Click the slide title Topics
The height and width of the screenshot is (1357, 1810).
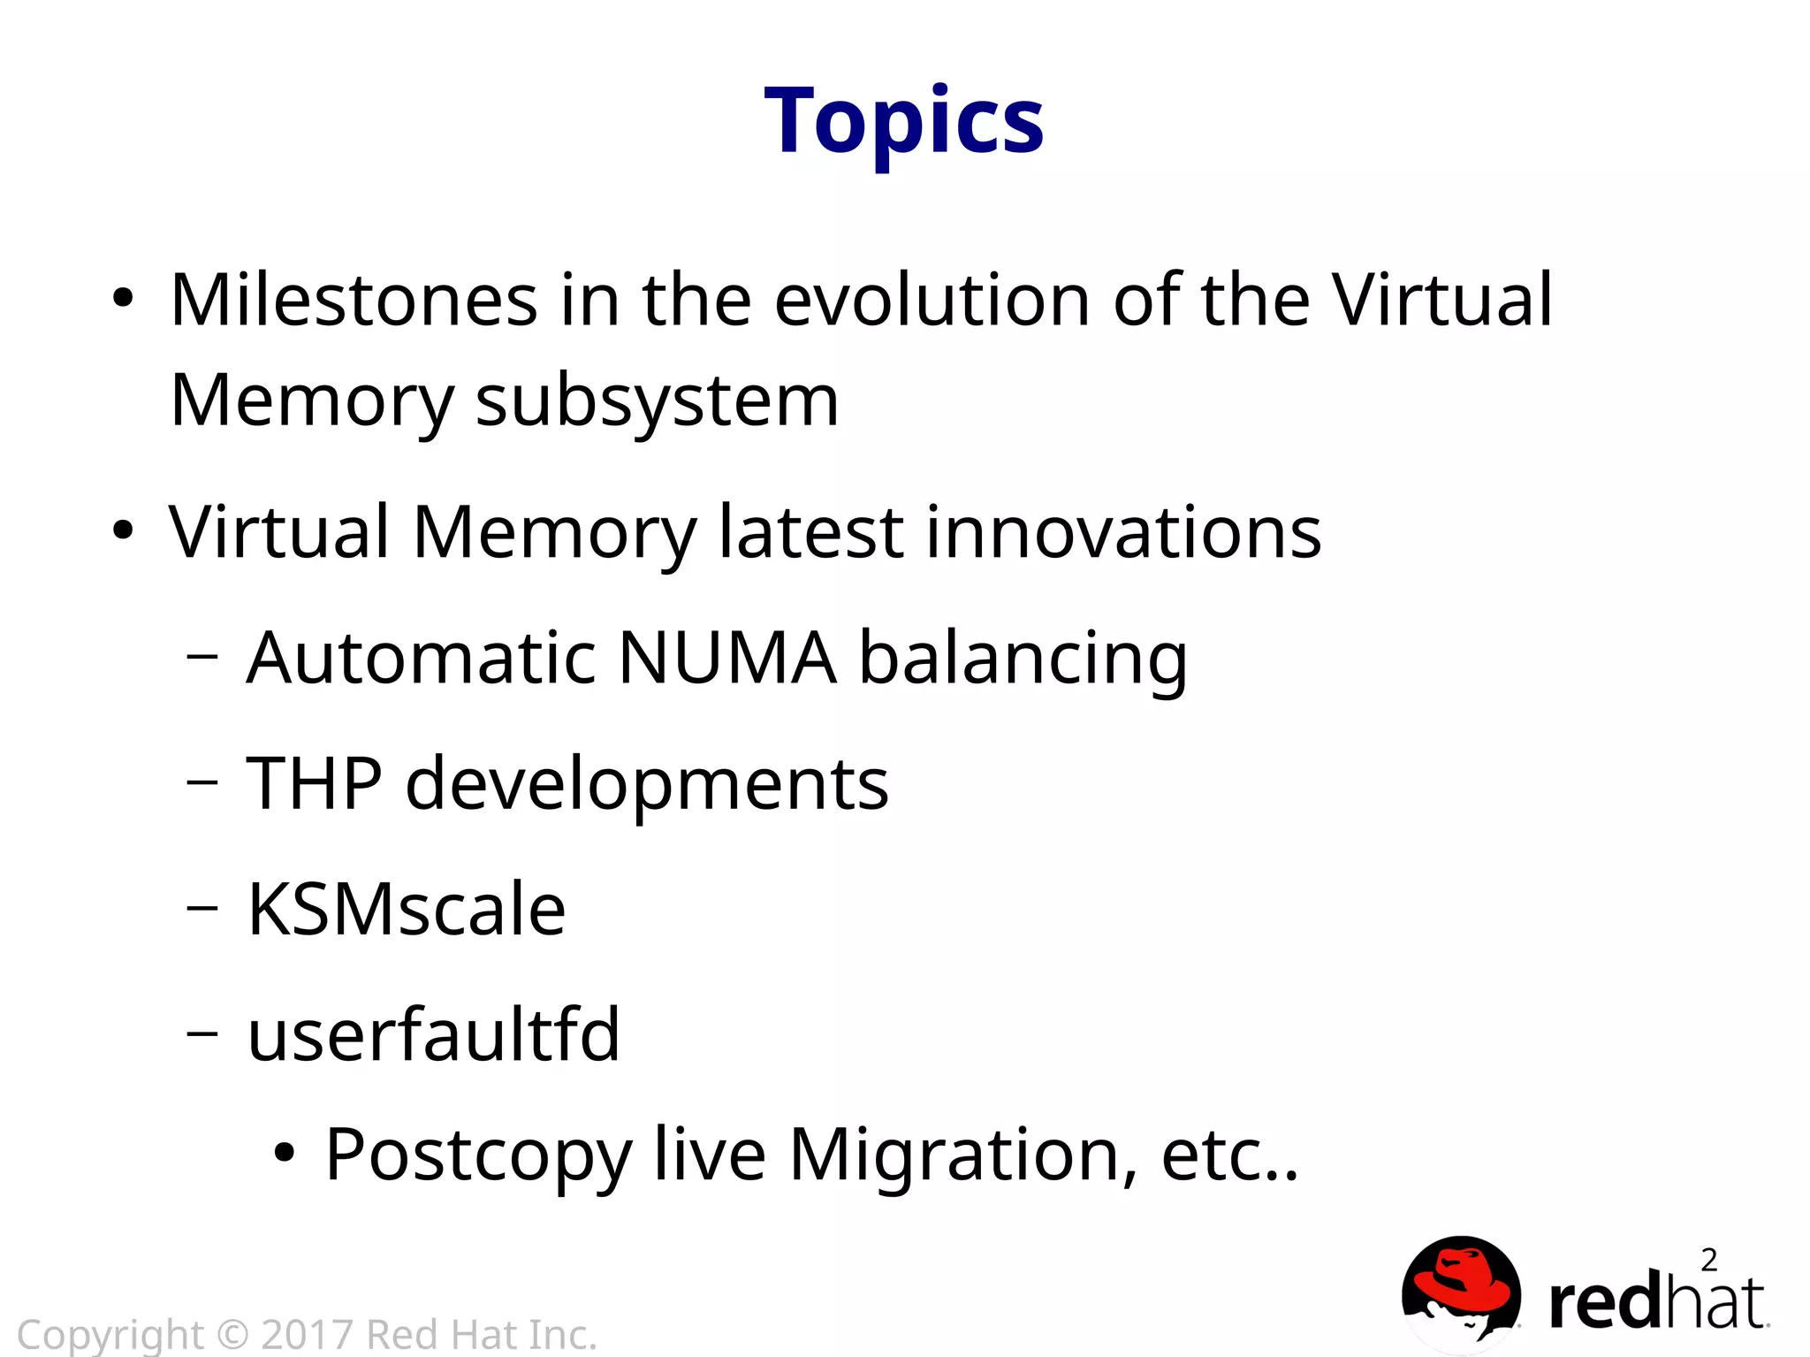(904, 121)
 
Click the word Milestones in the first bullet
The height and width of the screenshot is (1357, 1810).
(354, 301)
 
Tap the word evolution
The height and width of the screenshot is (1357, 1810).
(932, 301)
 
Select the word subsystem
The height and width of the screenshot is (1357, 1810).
(657, 402)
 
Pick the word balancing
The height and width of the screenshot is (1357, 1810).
(1023, 659)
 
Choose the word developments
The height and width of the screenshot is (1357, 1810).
(647, 785)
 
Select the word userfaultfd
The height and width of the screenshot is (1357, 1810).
(433, 1034)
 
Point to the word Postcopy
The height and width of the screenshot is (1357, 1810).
(478, 1156)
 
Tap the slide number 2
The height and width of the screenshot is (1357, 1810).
(1708, 1260)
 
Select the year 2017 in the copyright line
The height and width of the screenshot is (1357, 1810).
(307, 1335)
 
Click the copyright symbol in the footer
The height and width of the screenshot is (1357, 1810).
(232, 1335)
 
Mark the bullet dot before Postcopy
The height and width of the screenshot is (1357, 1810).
(284, 1153)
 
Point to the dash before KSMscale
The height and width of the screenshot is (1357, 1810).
(202, 907)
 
